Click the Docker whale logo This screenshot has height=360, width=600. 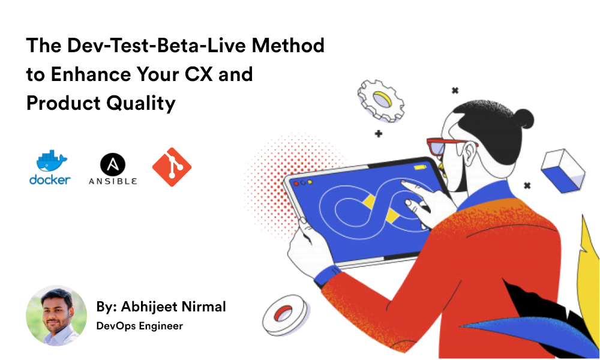[x=51, y=162]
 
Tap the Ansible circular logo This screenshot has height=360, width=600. [x=112, y=164]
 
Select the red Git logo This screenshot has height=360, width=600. [x=172, y=167]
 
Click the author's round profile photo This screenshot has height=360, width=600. [x=56, y=316]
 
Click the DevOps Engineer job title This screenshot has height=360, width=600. [x=139, y=326]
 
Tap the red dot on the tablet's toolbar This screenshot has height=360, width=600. [x=295, y=181]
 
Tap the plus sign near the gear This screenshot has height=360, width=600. [x=378, y=133]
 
